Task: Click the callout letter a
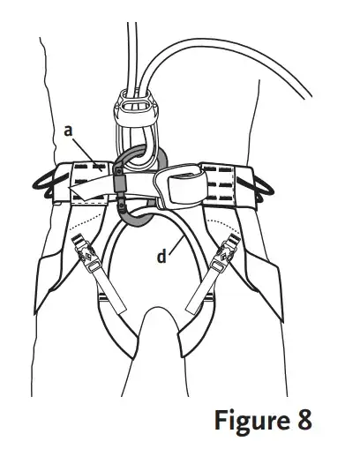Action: click(x=68, y=131)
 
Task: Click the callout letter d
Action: click(x=161, y=256)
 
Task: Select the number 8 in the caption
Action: click(x=303, y=421)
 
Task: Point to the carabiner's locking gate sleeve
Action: click(x=121, y=184)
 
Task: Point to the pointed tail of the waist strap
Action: click(x=77, y=191)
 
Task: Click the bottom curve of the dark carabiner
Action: click(x=139, y=223)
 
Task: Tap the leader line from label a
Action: click(x=86, y=154)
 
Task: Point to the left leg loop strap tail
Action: click(x=113, y=294)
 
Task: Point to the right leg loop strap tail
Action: click(x=199, y=294)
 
